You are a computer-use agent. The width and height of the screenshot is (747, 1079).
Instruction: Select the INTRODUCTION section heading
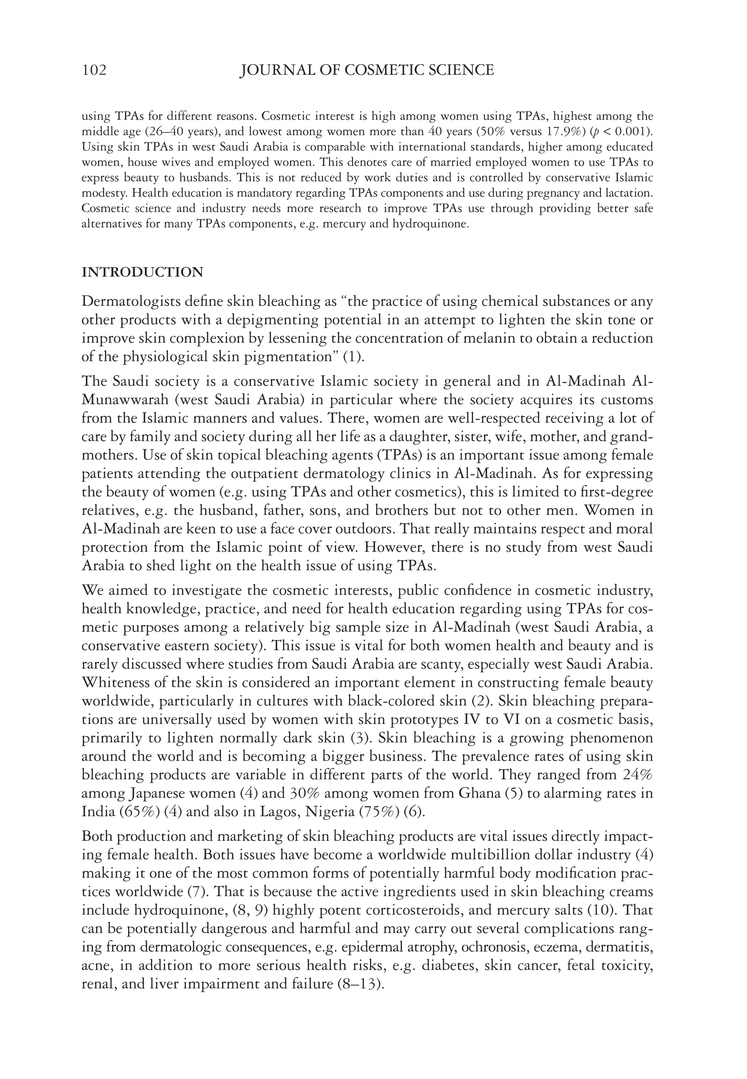tap(142, 272)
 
